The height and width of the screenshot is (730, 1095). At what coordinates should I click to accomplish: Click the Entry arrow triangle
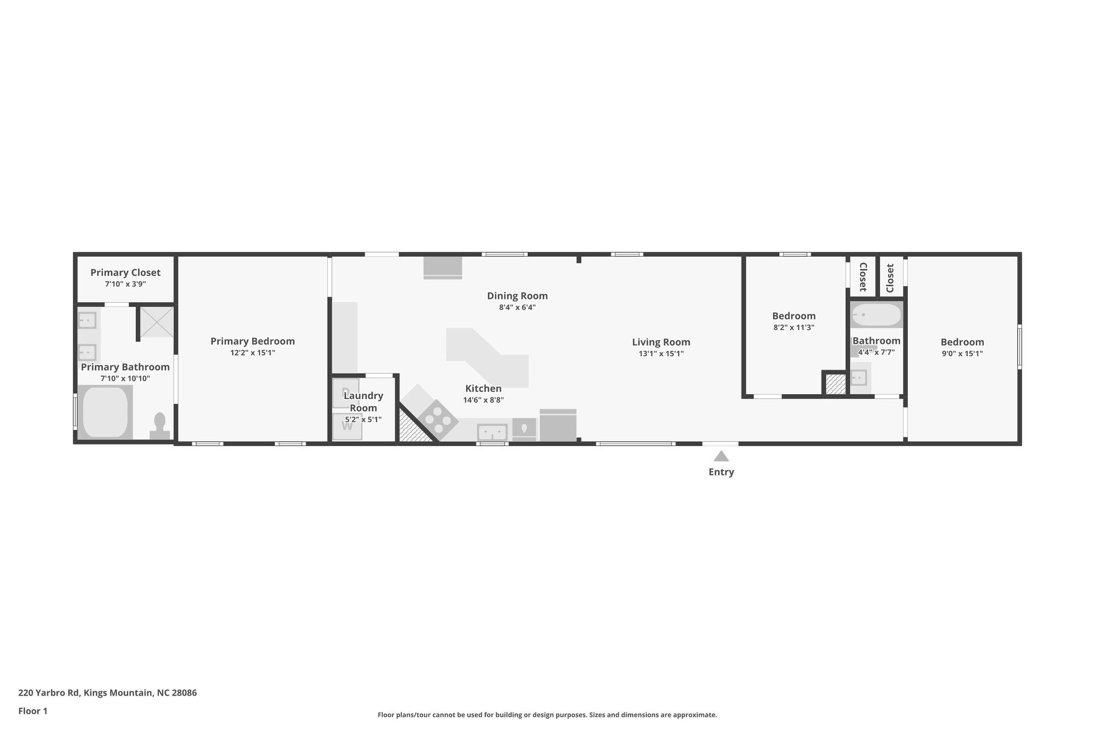[x=721, y=456]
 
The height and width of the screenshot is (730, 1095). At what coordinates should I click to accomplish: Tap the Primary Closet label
[x=125, y=273]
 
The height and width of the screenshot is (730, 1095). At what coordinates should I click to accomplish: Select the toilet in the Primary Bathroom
[x=159, y=425]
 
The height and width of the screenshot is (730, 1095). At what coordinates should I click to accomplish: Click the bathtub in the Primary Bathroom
[x=105, y=412]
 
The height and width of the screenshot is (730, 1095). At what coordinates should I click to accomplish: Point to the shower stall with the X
[x=157, y=321]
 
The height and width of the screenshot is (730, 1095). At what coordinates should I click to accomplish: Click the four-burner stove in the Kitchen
[x=437, y=419]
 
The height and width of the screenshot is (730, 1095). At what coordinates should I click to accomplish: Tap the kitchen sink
[x=492, y=432]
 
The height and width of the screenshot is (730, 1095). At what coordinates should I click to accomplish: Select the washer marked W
[x=347, y=426]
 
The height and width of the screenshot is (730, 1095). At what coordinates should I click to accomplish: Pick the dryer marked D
[x=346, y=392]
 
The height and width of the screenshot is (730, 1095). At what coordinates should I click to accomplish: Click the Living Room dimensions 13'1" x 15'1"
[x=661, y=354]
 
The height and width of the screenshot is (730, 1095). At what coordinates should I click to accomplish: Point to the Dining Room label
[x=517, y=296]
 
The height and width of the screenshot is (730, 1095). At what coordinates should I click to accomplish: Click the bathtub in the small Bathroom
[x=876, y=315]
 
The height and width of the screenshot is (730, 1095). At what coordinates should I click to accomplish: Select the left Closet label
[x=862, y=277]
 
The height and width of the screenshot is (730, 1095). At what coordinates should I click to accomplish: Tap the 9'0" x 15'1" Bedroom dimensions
[x=962, y=354]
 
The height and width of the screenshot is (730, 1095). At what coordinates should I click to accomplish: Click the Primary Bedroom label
[x=252, y=341]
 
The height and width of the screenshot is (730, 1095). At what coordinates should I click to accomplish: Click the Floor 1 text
[x=33, y=711]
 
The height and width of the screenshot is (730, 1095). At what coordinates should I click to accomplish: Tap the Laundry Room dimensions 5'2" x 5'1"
[x=363, y=420]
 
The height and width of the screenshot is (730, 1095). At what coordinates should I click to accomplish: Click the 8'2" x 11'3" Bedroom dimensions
[x=793, y=327]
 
